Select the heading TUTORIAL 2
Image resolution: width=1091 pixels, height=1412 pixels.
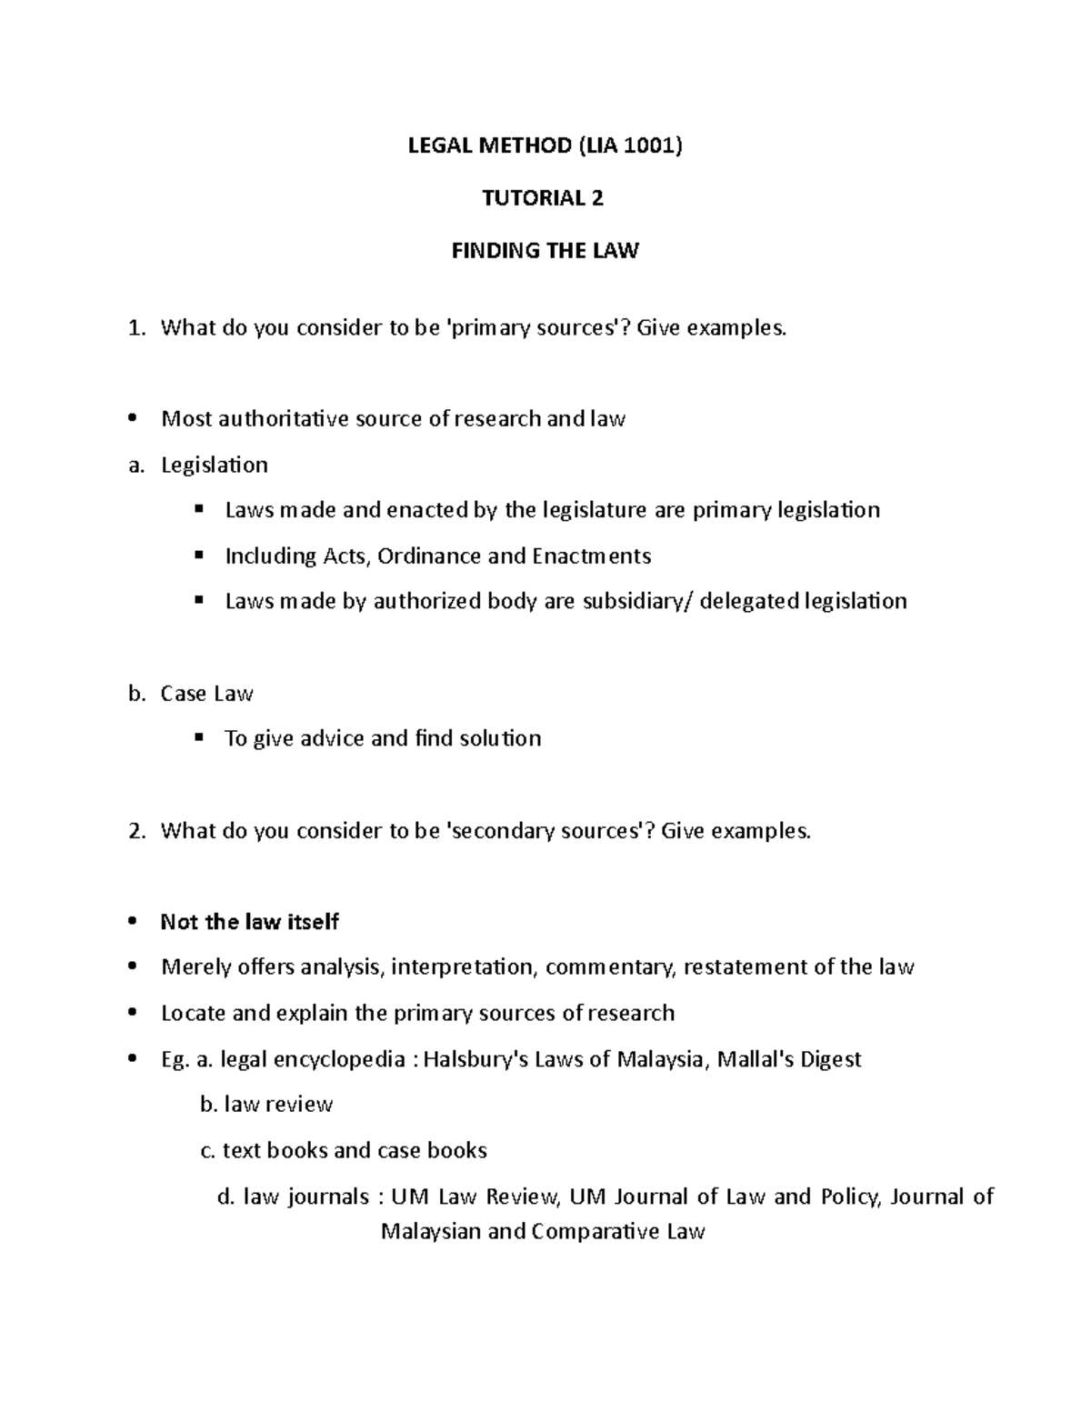(x=543, y=198)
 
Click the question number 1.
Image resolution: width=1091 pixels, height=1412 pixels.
(x=135, y=328)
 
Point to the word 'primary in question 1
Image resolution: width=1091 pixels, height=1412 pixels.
(x=490, y=328)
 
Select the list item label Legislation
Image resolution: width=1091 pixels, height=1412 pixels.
(x=215, y=466)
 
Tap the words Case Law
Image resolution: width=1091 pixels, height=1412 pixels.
(x=206, y=694)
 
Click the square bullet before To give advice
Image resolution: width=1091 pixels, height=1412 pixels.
(x=199, y=737)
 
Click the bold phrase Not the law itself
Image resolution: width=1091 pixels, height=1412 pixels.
(x=250, y=922)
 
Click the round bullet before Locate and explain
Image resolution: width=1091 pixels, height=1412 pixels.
(x=134, y=1014)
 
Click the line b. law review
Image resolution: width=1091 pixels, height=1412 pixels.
(x=266, y=1105)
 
